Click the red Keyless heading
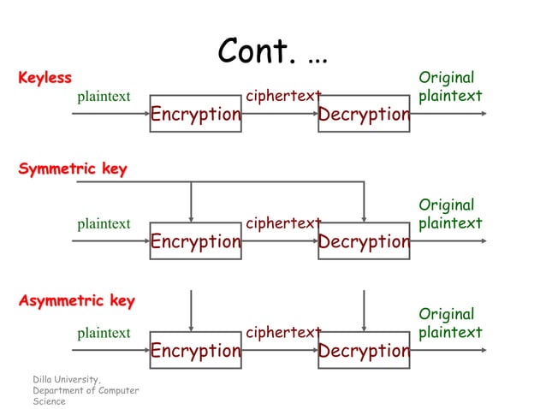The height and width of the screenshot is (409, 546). pyautogui.click(x=45, y=79)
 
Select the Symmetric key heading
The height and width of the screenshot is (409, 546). pyautogui.click(x=73, y=169)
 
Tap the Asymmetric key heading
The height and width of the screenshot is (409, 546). pyautogui.click(x=77, y=301)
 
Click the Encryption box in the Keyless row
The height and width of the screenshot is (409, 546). pyautogui.click(x=195, y=114)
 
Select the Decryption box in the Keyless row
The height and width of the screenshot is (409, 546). pyautogui.click(x=364, y=114)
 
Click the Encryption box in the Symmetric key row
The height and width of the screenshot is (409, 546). pyautogui.click(x=195, y=241)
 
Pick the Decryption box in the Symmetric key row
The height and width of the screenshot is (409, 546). pyautogui.click(x=364, y=241)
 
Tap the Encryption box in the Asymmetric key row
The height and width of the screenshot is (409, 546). pyautogui.click(x=195, y=350)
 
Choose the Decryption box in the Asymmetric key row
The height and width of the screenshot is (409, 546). pyautogui.click(x=364, y=350)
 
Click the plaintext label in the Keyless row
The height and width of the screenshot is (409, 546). pyautogui.click(x=104, y=97)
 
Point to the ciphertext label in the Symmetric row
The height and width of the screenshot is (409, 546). pyautogui.click(x=283, y=223)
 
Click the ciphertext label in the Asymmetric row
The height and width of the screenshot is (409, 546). pyautogui.click(x=283, y=332)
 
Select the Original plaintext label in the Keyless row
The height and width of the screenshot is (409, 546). pyautogui.click(x=450, y=87)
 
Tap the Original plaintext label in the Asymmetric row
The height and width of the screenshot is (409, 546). pyautogui.click(x=450, y=323)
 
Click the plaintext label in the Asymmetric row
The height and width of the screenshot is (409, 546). pyautogui.click(x=104, y=333)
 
